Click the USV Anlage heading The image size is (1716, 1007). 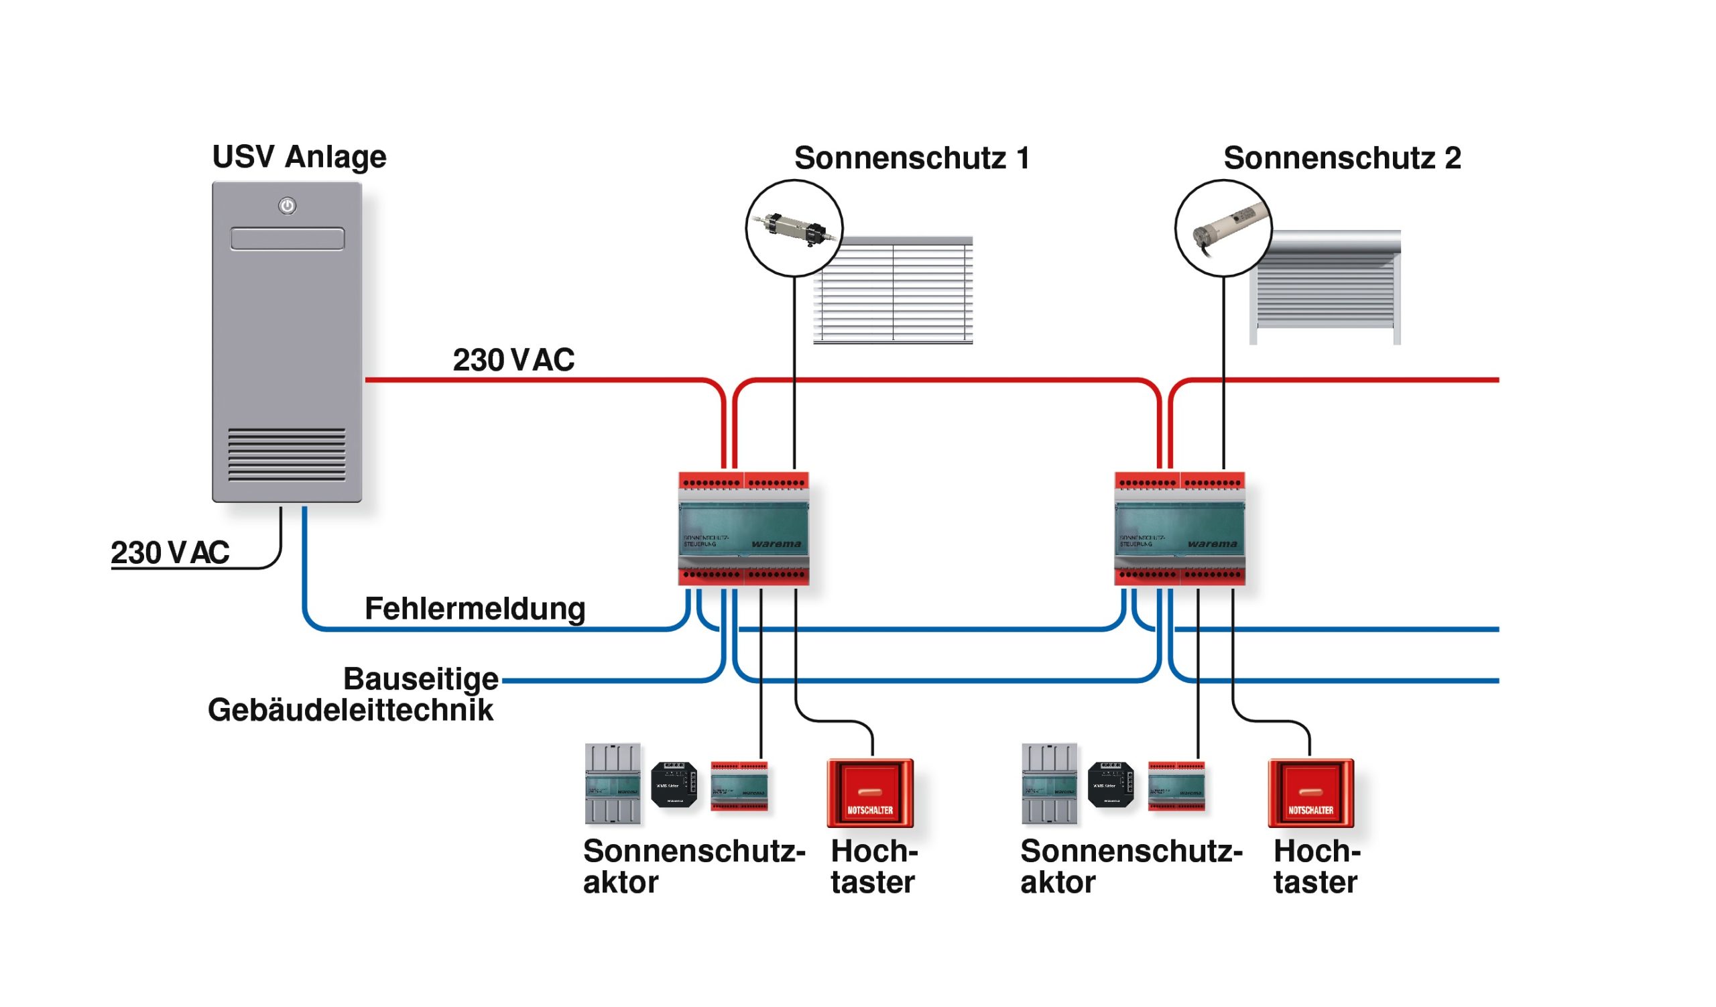click(x=299, y=158)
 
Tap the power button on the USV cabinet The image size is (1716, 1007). click(x=288, y=206)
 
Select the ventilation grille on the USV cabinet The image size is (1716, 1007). click(x=287, y=455)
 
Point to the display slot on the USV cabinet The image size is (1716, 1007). click(x=288, y=239)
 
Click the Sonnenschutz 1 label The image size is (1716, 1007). click(x=912, y=159)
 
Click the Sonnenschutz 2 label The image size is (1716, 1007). click(x=1341, y=159)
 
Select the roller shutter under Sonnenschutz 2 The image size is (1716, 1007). click(x=1326, y=290)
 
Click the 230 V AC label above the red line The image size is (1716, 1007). click(x=513, y=360)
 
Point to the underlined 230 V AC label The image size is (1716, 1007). click(x=170, y=553)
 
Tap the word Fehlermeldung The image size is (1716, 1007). click(x=475, y=609)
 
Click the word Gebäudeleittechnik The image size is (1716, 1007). click(x=350, y=710)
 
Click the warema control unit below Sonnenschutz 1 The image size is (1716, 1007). click(x=743, y=529)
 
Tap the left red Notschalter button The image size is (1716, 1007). click(x=869, y=793)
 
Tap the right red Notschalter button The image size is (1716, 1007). click(x=1310, y=793)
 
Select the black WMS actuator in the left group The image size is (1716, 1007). click(x=674, y=785)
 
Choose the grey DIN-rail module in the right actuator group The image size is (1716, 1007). click(x=1049, y=784)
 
